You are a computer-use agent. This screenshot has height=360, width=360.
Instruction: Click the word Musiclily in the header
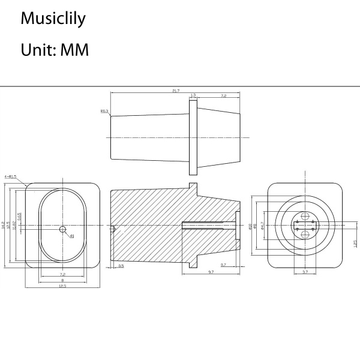pyautogui.click(x=53, y=19)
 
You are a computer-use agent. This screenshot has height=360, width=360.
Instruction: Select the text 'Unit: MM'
pyautogui.click(x=55, y=50)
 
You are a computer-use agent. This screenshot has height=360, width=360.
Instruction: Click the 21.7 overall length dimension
pyautogui.click(x=175, y=91)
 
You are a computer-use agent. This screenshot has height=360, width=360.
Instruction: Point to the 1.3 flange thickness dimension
pyautogui.click(x=193, y=95)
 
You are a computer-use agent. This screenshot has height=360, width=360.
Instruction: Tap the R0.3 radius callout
pyautogui.click(x=104, y=111)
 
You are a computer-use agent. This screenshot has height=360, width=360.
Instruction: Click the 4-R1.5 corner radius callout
pyautogui.click(x=10, y=177)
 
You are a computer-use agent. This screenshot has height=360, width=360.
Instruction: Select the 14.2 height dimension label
pyautogui.click(x=4, y=225)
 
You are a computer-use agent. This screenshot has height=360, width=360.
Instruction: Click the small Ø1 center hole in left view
pyautogui.click(x=62, y=229)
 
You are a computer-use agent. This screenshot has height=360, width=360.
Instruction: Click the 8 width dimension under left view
pyautogui.click(x=62, y=280)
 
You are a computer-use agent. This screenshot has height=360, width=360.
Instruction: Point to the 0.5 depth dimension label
pyautogui.click(x=121, y=265)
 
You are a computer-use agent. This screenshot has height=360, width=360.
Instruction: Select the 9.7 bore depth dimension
pyautogui.click(x=212, y=272)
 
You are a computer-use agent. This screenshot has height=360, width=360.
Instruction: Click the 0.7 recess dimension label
pyautogui.click(x=223, y=265)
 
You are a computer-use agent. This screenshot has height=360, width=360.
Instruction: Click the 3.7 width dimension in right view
pyautogui.click(x=305, y=272)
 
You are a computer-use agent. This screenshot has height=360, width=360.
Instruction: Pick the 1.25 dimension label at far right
pyautogui.click(x=355, y=244)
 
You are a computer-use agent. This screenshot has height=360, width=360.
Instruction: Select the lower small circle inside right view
pyautogui.click(x=305, y=235)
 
